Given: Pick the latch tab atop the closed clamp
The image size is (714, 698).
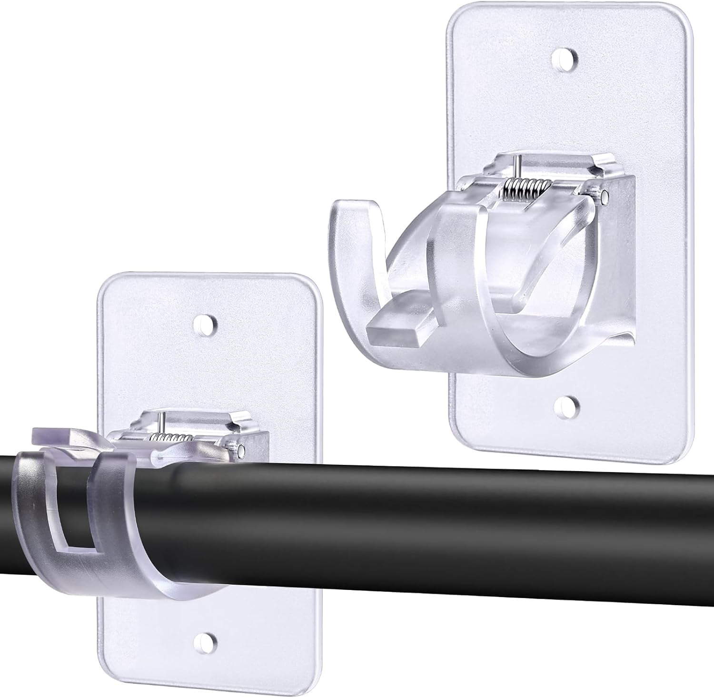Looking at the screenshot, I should click(x=52, y=435).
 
